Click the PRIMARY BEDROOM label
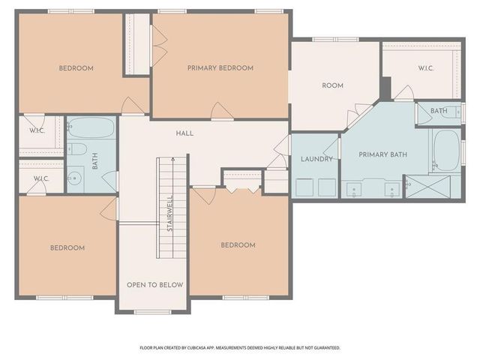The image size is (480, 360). (x=220, y=68)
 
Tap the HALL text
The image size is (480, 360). (x=184, y=133)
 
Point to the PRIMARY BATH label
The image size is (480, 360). (x=382, y=155)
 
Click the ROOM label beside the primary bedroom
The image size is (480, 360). (x=332, y=85)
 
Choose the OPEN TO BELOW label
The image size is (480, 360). (x=153, y=285)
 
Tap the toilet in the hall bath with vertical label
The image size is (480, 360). (x=78, y=148)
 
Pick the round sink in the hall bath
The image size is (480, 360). (x=74, y=178)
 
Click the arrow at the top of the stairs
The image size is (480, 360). (x=171, y=162)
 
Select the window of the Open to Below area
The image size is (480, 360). (x=152, y=311)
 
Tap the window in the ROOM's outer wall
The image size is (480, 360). (x=335, y=39)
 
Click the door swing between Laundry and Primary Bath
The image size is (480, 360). (x=339, y=148)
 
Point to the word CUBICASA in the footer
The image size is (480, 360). (x=198, y=348)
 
